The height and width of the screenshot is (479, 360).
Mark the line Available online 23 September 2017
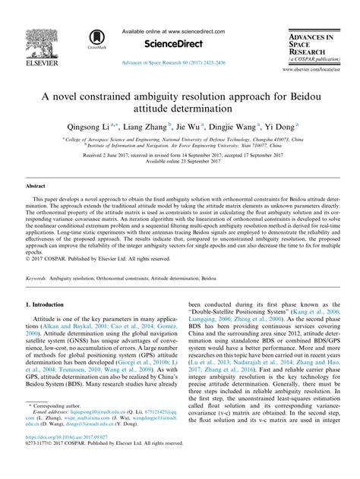(180, 162)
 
